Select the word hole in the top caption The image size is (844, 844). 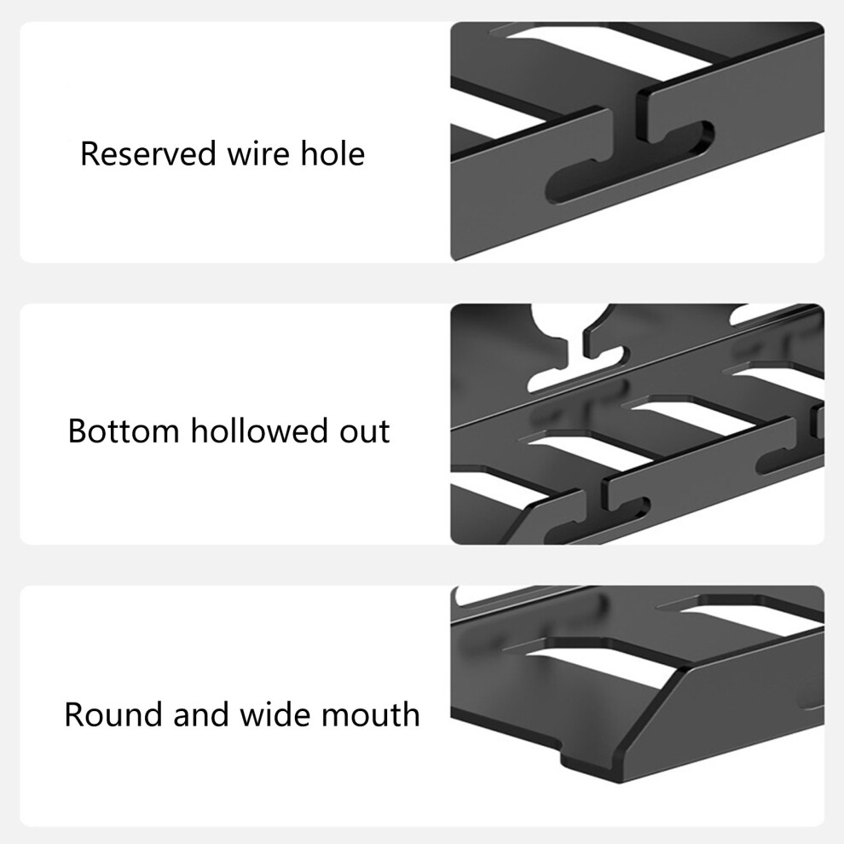click(332, 153)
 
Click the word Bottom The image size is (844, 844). click(124, 431)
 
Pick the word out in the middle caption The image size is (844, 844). click(364, 432)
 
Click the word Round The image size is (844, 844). click(113, 714)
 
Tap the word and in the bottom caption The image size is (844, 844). click(201, 714)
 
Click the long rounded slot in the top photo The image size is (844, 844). click(630, 164)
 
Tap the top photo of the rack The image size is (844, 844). click(638, 142)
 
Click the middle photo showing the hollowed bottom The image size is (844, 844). click(638, 425)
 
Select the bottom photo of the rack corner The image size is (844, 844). click(638, 706)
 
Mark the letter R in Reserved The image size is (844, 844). click(90, 153)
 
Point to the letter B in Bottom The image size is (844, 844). click(77, 431)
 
